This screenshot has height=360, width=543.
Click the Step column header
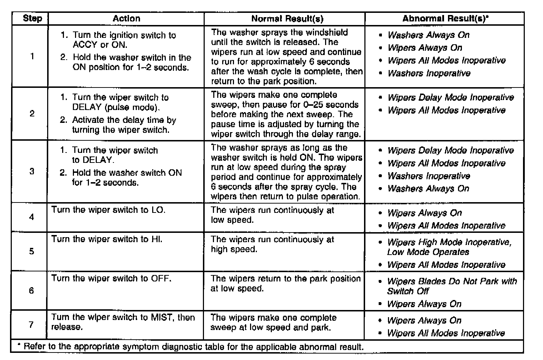click(32, 19)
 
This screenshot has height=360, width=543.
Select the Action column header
click(126, 19)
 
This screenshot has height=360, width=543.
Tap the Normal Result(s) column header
click(287, 19)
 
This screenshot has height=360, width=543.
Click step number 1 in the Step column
click(32, 56)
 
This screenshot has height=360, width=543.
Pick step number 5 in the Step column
click(31, 251)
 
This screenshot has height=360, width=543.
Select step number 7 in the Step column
click(31, 325)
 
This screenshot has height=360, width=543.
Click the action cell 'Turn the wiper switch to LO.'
click(108, 210)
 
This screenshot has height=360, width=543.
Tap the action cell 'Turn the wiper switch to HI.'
click(107, 239)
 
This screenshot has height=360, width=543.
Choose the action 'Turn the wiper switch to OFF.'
click(111, 278)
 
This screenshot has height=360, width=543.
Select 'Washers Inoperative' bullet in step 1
click(429, 73)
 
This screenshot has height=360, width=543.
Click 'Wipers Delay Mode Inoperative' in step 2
click(450, 97)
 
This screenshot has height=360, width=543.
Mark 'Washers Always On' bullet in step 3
click(428, 189)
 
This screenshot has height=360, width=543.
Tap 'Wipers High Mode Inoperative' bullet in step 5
click(449, 247)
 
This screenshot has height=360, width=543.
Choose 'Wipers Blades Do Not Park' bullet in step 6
click(452, 286)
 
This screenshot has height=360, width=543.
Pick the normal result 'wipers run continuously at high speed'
click(272, 244)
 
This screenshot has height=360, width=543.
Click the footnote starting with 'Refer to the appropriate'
click(193, 347)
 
